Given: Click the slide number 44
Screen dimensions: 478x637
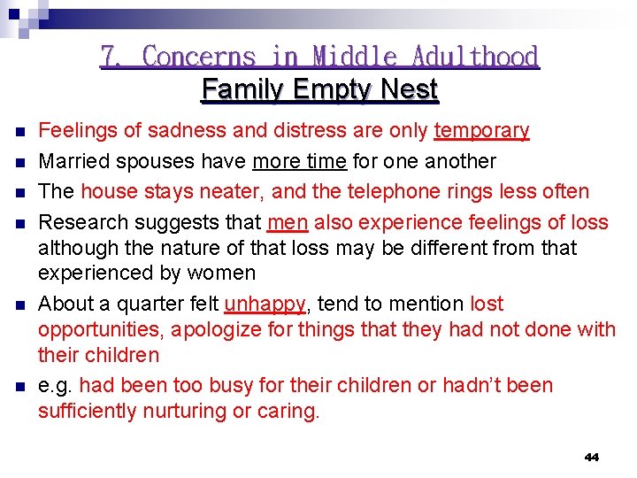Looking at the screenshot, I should [592, 458].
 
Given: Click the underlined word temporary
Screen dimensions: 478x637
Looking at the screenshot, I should [481, 131].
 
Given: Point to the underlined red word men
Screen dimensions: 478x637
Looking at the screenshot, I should [287, 221].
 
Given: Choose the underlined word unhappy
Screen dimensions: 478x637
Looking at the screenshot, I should [265, 304].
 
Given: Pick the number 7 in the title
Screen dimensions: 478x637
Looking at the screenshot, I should [111, 57].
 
